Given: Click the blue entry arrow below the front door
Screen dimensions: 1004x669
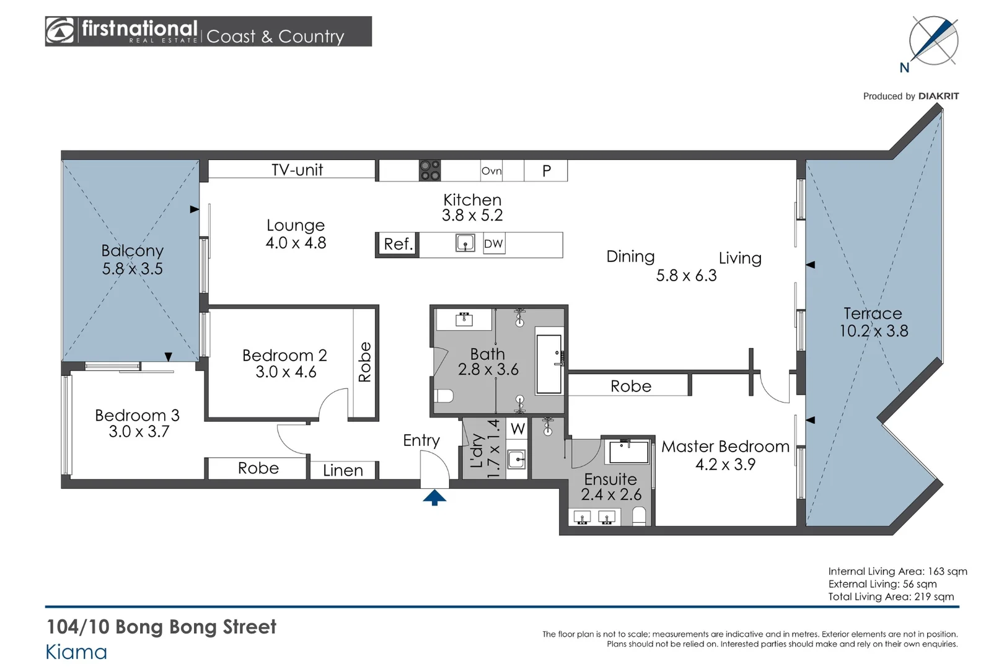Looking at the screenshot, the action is (434, 497).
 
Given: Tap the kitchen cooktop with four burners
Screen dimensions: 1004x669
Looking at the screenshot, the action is (430, 171).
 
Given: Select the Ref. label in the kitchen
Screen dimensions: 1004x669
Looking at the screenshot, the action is (398, 244).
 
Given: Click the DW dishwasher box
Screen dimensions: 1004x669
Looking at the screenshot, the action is (494, 244).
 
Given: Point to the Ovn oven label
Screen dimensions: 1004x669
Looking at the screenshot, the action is (491, 171).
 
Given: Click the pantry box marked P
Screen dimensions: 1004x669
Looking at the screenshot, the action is (546, 171).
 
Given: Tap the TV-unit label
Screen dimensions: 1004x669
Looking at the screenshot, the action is (297, 170).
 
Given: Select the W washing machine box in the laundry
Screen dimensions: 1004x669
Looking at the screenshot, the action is (517, 429).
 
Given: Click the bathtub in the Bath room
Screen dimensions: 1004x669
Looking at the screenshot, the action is (549, 364).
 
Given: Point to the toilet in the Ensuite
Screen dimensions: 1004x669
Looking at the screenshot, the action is (639, 516).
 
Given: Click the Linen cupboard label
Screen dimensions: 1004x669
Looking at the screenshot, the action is (343, 471).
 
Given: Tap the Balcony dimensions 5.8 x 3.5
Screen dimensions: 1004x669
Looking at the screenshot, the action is (132, 269).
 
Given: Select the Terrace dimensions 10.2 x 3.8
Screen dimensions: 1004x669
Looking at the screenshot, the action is (874, 331).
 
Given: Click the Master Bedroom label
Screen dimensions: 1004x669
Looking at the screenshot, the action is (725, 447).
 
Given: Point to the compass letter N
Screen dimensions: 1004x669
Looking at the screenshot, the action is (904, 68).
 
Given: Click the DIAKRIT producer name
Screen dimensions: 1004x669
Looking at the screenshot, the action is (938, 97).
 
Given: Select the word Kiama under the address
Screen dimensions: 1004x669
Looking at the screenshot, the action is (76, 652).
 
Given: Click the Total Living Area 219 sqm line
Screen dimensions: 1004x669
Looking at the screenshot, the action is (891, 597).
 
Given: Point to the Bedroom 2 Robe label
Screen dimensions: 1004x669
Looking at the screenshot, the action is (365, 362).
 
